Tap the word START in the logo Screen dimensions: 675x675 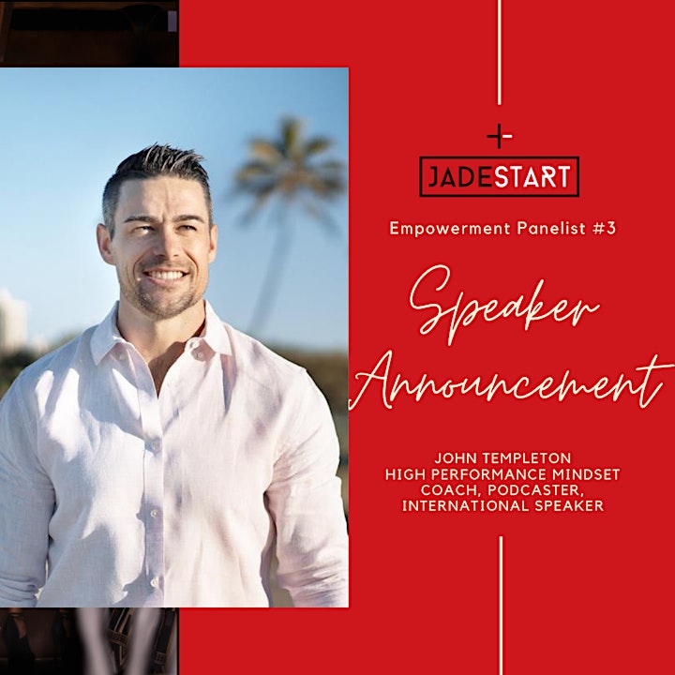tap(532, 176)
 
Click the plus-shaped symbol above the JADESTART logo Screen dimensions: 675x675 tap(500, 136)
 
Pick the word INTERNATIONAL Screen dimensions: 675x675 tap(465, 506)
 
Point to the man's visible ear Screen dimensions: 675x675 tap(105, 245)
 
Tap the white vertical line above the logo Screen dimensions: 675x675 tap(500, 52)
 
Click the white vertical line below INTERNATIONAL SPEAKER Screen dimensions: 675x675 tap(501, 606)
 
